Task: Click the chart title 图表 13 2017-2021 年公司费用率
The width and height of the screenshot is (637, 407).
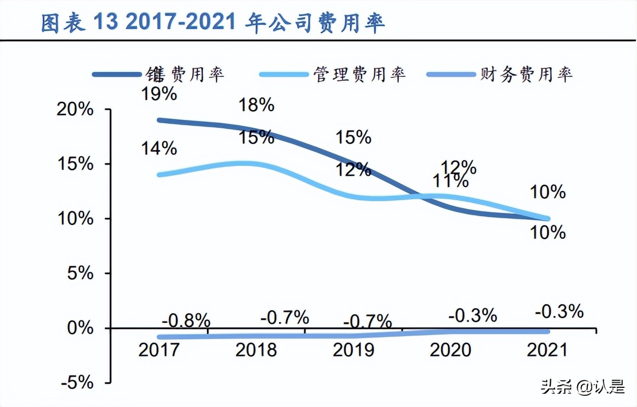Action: [x=213, y=23]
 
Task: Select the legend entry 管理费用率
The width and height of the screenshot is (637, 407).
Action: [x=359, y=74]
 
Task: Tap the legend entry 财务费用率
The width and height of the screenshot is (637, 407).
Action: [x=526, y=74]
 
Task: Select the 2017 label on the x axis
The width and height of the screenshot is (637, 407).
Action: [x=159, y=350]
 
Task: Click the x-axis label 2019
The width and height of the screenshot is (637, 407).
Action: [x=353, y=350]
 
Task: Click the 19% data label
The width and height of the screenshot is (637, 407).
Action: [x=159, y=94]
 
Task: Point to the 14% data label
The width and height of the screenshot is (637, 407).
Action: [x=159, y=148]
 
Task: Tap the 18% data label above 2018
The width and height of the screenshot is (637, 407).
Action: [x=257, y=105]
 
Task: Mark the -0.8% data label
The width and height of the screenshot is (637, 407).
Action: [x=186, y=320]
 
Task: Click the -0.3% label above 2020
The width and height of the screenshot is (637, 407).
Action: [x=473, y=316]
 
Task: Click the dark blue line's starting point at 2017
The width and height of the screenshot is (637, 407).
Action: [x=159, y=120]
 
